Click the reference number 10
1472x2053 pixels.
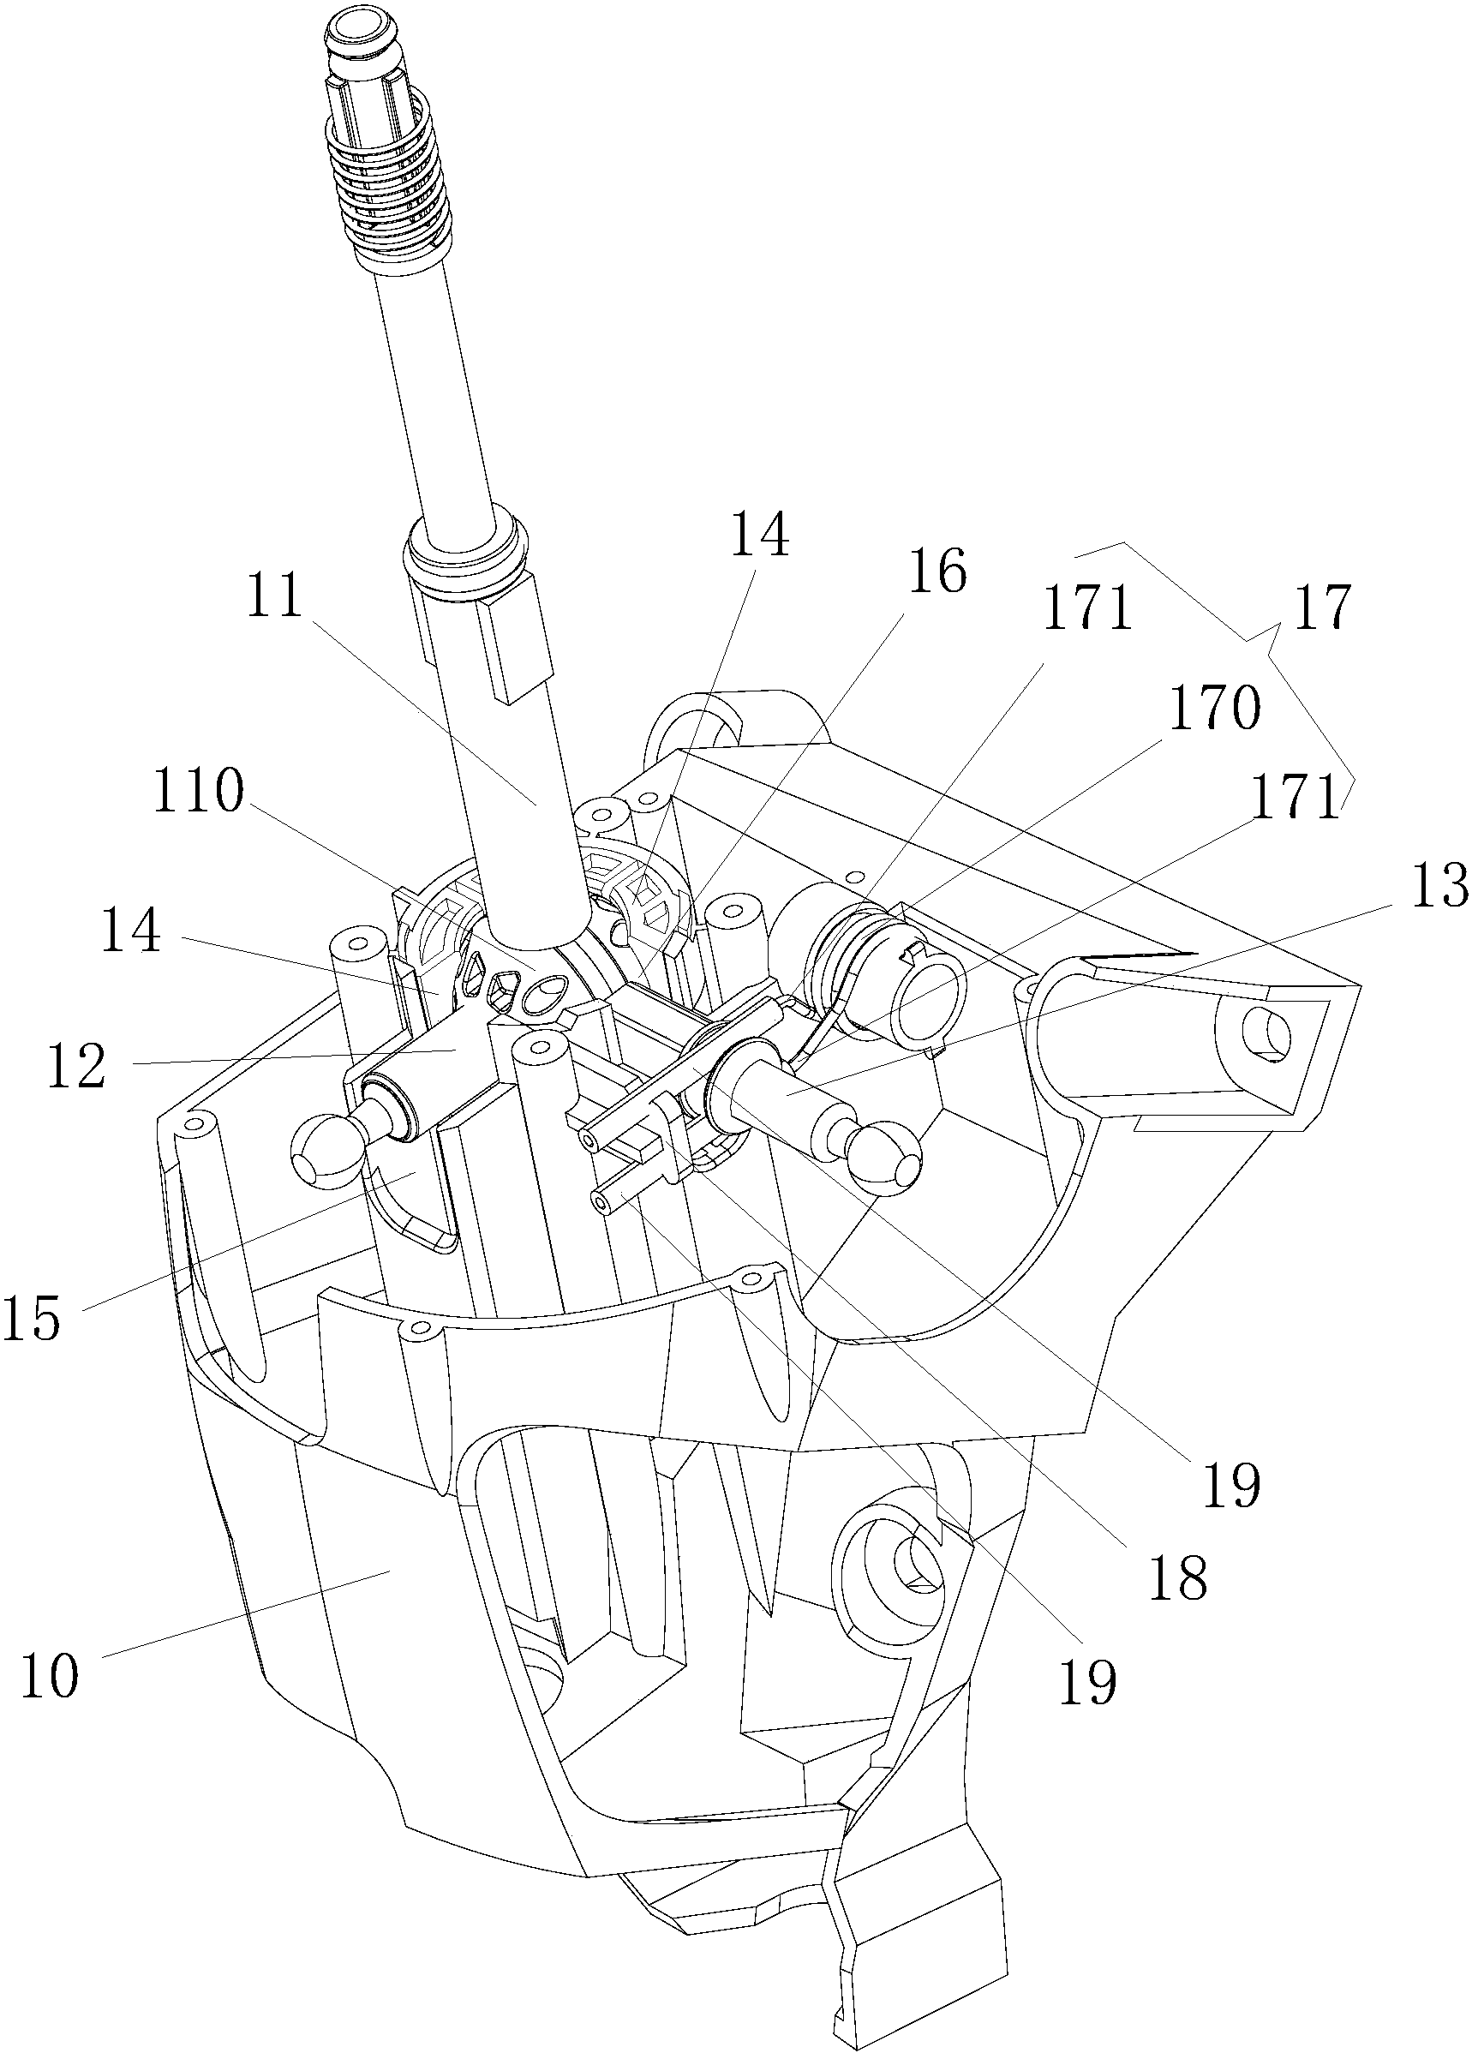(50, 1674)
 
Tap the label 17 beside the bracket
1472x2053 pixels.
(1323, 607)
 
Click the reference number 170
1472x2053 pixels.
(1215, 708)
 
